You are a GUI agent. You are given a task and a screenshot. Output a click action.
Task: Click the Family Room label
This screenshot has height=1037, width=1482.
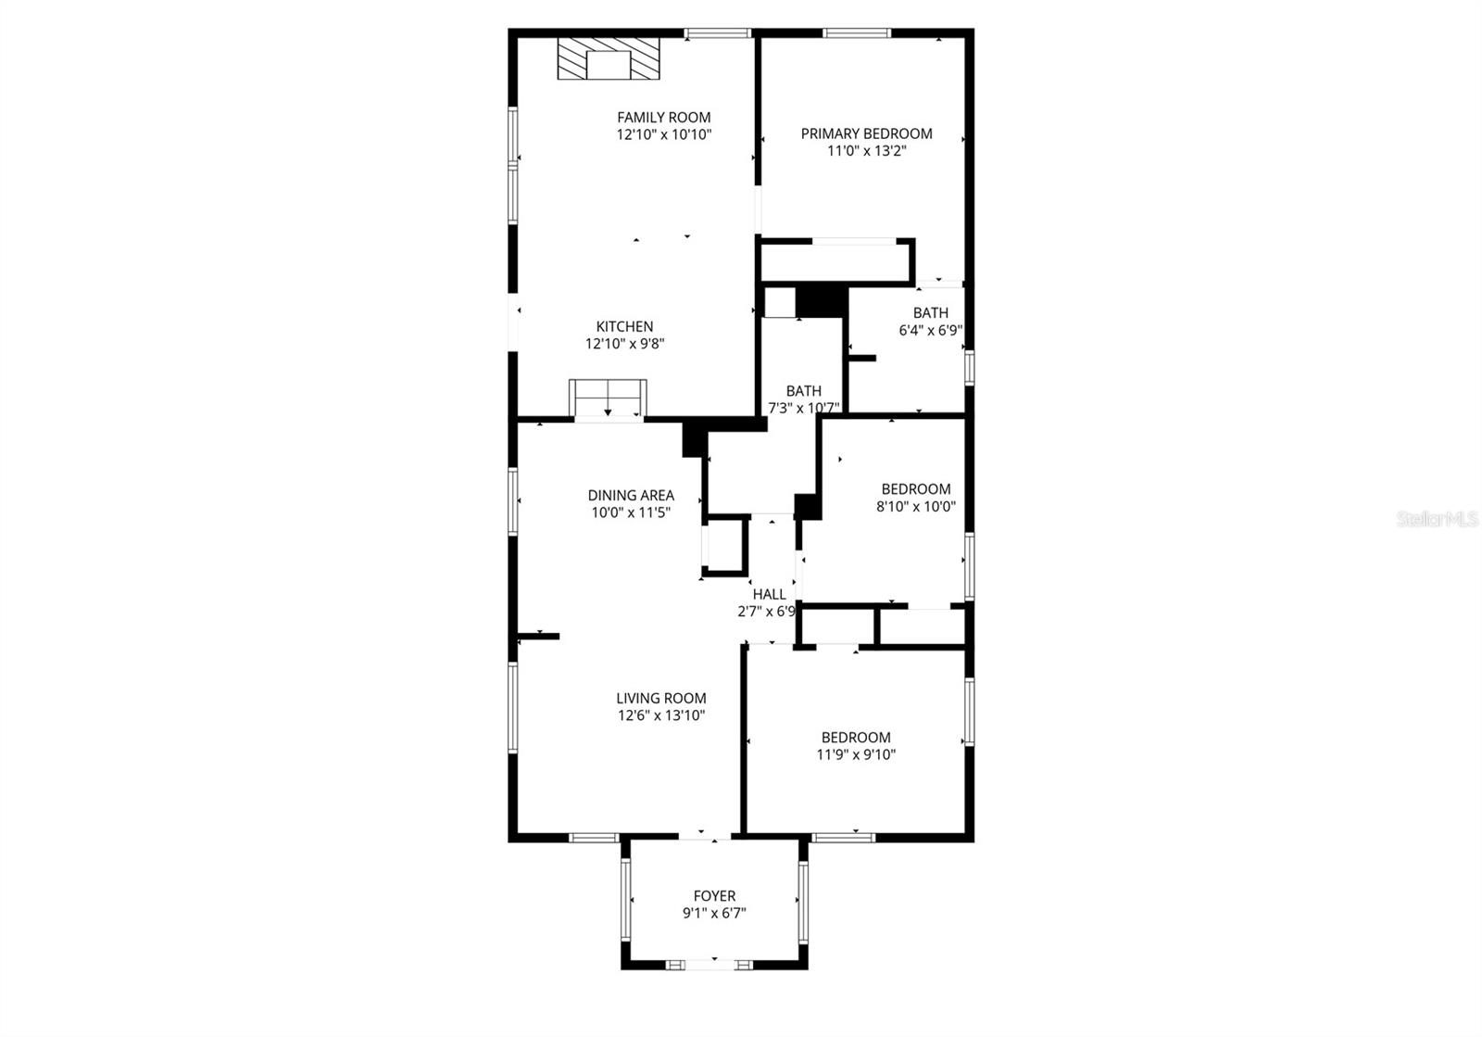664,117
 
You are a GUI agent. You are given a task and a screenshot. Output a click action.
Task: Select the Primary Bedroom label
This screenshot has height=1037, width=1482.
866,133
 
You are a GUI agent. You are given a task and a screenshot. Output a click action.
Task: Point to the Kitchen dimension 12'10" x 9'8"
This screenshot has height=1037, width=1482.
625,344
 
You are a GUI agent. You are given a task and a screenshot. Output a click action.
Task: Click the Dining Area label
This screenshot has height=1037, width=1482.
631,496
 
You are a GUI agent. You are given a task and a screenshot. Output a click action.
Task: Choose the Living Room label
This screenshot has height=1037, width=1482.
661,699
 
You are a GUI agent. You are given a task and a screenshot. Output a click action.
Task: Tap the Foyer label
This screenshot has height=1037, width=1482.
714,896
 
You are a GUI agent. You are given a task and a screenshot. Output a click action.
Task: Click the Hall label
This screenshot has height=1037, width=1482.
769,595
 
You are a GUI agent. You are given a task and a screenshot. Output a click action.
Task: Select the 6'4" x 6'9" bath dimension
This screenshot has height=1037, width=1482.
930,330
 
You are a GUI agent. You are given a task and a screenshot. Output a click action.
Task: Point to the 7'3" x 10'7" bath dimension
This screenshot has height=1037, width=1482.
804,408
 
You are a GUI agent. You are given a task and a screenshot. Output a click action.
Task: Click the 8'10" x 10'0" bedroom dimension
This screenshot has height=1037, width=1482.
916,507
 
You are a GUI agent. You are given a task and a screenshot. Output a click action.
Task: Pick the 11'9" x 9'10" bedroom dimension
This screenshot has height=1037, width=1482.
856,754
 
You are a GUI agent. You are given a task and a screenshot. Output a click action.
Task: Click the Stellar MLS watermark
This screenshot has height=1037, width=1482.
1438,520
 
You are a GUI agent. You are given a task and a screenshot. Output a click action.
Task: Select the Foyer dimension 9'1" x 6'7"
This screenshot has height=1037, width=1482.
714,913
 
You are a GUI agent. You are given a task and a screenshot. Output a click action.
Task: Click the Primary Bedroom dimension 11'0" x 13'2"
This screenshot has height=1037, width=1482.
866,150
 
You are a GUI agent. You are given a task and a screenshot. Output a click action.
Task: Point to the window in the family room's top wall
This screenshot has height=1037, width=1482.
718,34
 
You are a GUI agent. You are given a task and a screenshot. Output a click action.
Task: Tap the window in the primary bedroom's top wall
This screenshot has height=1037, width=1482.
857,34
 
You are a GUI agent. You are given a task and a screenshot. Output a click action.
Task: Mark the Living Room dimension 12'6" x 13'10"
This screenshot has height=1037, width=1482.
661,715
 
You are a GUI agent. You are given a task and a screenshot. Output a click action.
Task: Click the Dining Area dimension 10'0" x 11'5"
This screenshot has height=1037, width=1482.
631,512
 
